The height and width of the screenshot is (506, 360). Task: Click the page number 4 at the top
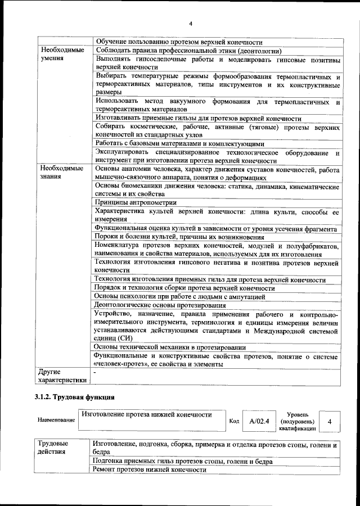[x=191, y=23]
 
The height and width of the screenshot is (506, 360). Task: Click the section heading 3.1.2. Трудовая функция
[x=75, y=398]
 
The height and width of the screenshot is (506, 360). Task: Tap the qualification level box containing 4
[x=329, y=421]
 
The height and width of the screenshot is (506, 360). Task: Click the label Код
[x=235, y=421]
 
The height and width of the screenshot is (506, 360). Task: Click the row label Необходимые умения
[x=62, y=53]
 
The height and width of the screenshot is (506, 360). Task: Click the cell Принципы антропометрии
[x=136, y=202]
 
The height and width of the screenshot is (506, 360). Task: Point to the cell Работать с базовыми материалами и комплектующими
[x=176, y=143]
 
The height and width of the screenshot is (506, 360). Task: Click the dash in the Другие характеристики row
[x=96, y=372]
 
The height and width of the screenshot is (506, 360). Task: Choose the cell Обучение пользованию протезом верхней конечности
[x=179, y=42]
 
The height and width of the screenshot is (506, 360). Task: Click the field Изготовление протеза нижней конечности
[x=146, y=415]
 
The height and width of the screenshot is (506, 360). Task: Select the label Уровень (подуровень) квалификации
[x=297, y=421]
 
